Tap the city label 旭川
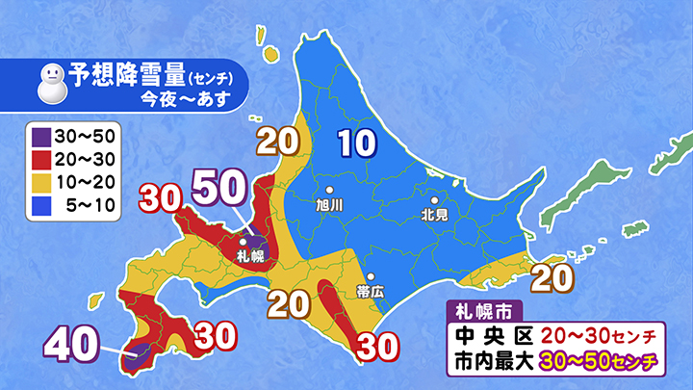(329, 205)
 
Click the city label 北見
(435, 215)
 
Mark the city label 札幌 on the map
(248, 255)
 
